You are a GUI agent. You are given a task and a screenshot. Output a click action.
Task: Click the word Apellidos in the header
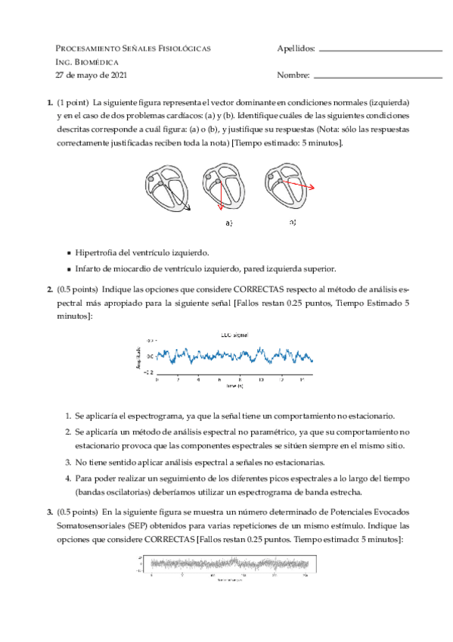296,48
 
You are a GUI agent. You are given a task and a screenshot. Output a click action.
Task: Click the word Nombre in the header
293,76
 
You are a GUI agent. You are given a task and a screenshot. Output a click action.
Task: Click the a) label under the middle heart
228,223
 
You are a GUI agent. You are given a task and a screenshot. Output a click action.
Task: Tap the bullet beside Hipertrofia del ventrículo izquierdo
70,253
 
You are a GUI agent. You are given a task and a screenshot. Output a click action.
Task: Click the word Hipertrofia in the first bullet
95,253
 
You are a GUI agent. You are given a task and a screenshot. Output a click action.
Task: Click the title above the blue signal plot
234,334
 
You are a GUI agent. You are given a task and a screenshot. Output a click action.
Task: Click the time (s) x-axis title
234,385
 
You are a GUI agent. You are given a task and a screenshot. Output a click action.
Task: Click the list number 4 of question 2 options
67,478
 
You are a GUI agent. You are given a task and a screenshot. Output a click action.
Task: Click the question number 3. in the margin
49,512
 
